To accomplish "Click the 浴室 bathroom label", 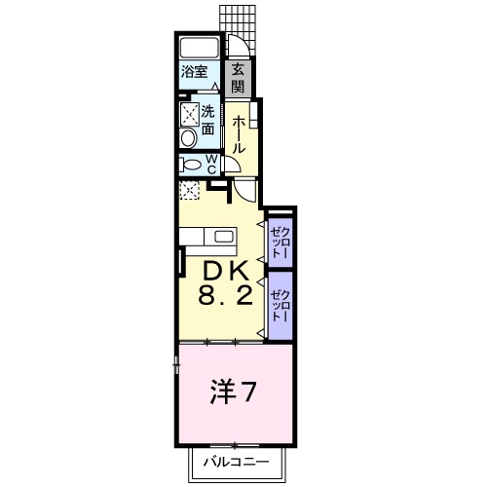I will [195, 72].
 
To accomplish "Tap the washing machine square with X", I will [189, 113].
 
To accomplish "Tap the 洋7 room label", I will [234, 392].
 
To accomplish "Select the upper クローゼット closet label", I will [281, 240].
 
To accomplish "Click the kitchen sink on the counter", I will [224, 237].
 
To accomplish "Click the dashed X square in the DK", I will [189, 190].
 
